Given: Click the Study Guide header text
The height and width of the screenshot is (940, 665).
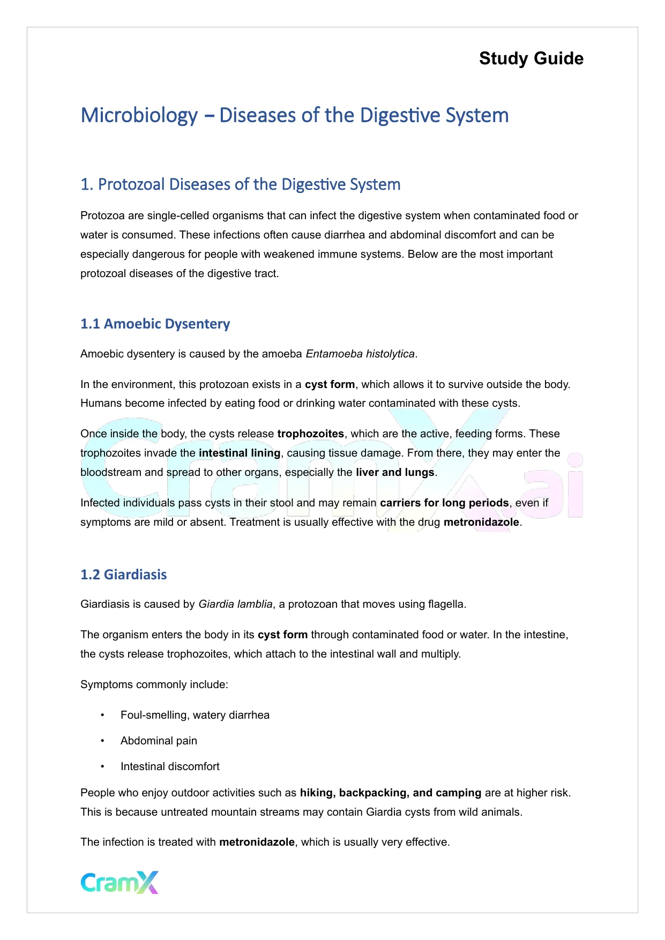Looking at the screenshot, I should click(x=531, y=58).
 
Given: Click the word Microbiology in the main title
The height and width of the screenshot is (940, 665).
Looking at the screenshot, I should click(x=139, y=116).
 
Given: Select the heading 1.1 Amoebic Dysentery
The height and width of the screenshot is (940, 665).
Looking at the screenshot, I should click(x=155, y=324).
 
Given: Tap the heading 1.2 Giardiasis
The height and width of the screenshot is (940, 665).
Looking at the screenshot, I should click(x=123, y=575).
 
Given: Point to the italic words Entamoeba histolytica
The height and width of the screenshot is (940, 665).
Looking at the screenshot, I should click(x=360, y=354).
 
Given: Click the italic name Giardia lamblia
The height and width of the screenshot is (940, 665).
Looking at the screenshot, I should click(x=235, y=604).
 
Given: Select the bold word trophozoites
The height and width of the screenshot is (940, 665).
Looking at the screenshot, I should click(x=310, y=434).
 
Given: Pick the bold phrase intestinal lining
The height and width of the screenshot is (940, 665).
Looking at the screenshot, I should click(x=240, y=453).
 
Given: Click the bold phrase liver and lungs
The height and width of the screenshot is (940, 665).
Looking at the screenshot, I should click(x=395, y=472).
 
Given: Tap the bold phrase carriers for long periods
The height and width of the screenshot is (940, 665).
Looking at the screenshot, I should click(x=444, y=503).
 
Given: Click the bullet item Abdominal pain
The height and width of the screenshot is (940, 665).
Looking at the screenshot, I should click(x=159, y=741).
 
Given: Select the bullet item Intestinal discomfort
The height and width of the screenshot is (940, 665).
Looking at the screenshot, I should click(x=170, y=766).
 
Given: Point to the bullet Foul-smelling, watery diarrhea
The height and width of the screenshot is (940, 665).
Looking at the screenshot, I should click(x=195, y=715).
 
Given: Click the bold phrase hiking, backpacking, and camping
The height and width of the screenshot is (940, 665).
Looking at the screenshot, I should click(x=391, y=793).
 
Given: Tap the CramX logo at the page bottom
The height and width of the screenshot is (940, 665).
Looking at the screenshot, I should click(x=119, y=882).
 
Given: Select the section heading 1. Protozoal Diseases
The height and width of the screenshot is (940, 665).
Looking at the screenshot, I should click(x=240, y=184).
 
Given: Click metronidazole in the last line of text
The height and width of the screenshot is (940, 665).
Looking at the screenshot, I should click(x=257, y=842).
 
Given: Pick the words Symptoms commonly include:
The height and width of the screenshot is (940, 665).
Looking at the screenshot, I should click(x=154, y=684).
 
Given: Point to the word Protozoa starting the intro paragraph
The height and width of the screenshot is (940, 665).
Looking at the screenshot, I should click(x=102, y=215).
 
